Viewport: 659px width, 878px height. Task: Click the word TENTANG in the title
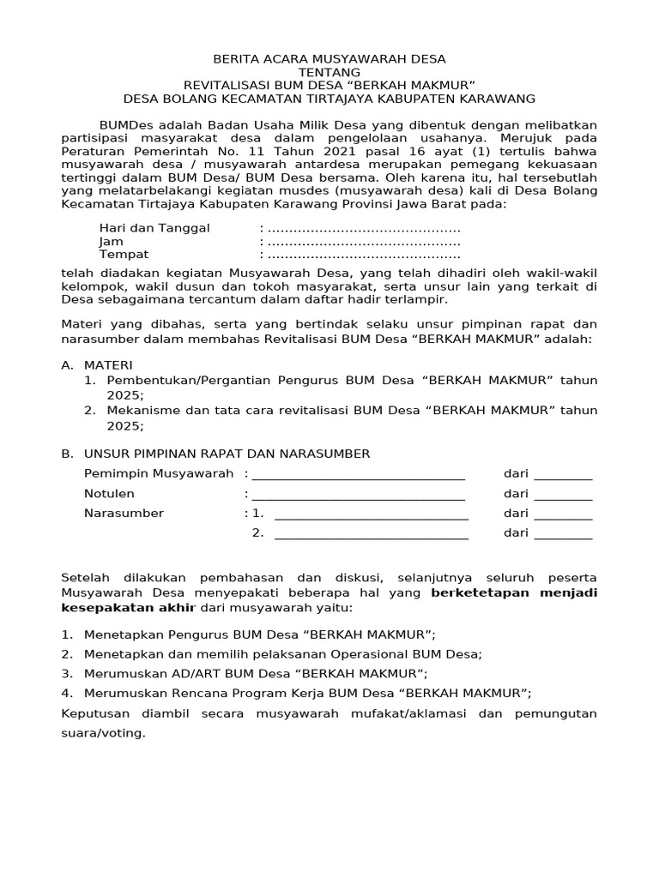pyautogui.click(x=329, y=73)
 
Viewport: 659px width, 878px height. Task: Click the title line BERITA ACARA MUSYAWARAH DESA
pyautogui.click(x=329, y=59)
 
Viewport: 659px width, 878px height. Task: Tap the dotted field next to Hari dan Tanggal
pyautogui.click(x=364, y=229)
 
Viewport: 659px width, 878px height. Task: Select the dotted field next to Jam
pyautogui.click(x=364, y=242)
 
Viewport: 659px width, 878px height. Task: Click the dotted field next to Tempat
pyautogui.click(x=364, y=255)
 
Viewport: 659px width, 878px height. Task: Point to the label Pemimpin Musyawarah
pyautogui.click(x=159, y=473)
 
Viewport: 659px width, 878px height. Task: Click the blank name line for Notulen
pyautogui.click(x=358, y=494)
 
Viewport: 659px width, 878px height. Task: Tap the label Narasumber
pyautogui.click(x=124, y=514)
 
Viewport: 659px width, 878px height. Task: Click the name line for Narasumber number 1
pyautogui.click(x=371, y=514)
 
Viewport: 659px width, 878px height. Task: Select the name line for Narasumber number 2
pyautogui.click(x=371, y=533)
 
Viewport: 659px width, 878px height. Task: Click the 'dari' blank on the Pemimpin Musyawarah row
pyautogui.click(x=562, y=474)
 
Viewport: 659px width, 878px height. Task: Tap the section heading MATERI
pyautogui.click(x=108, y=365)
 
